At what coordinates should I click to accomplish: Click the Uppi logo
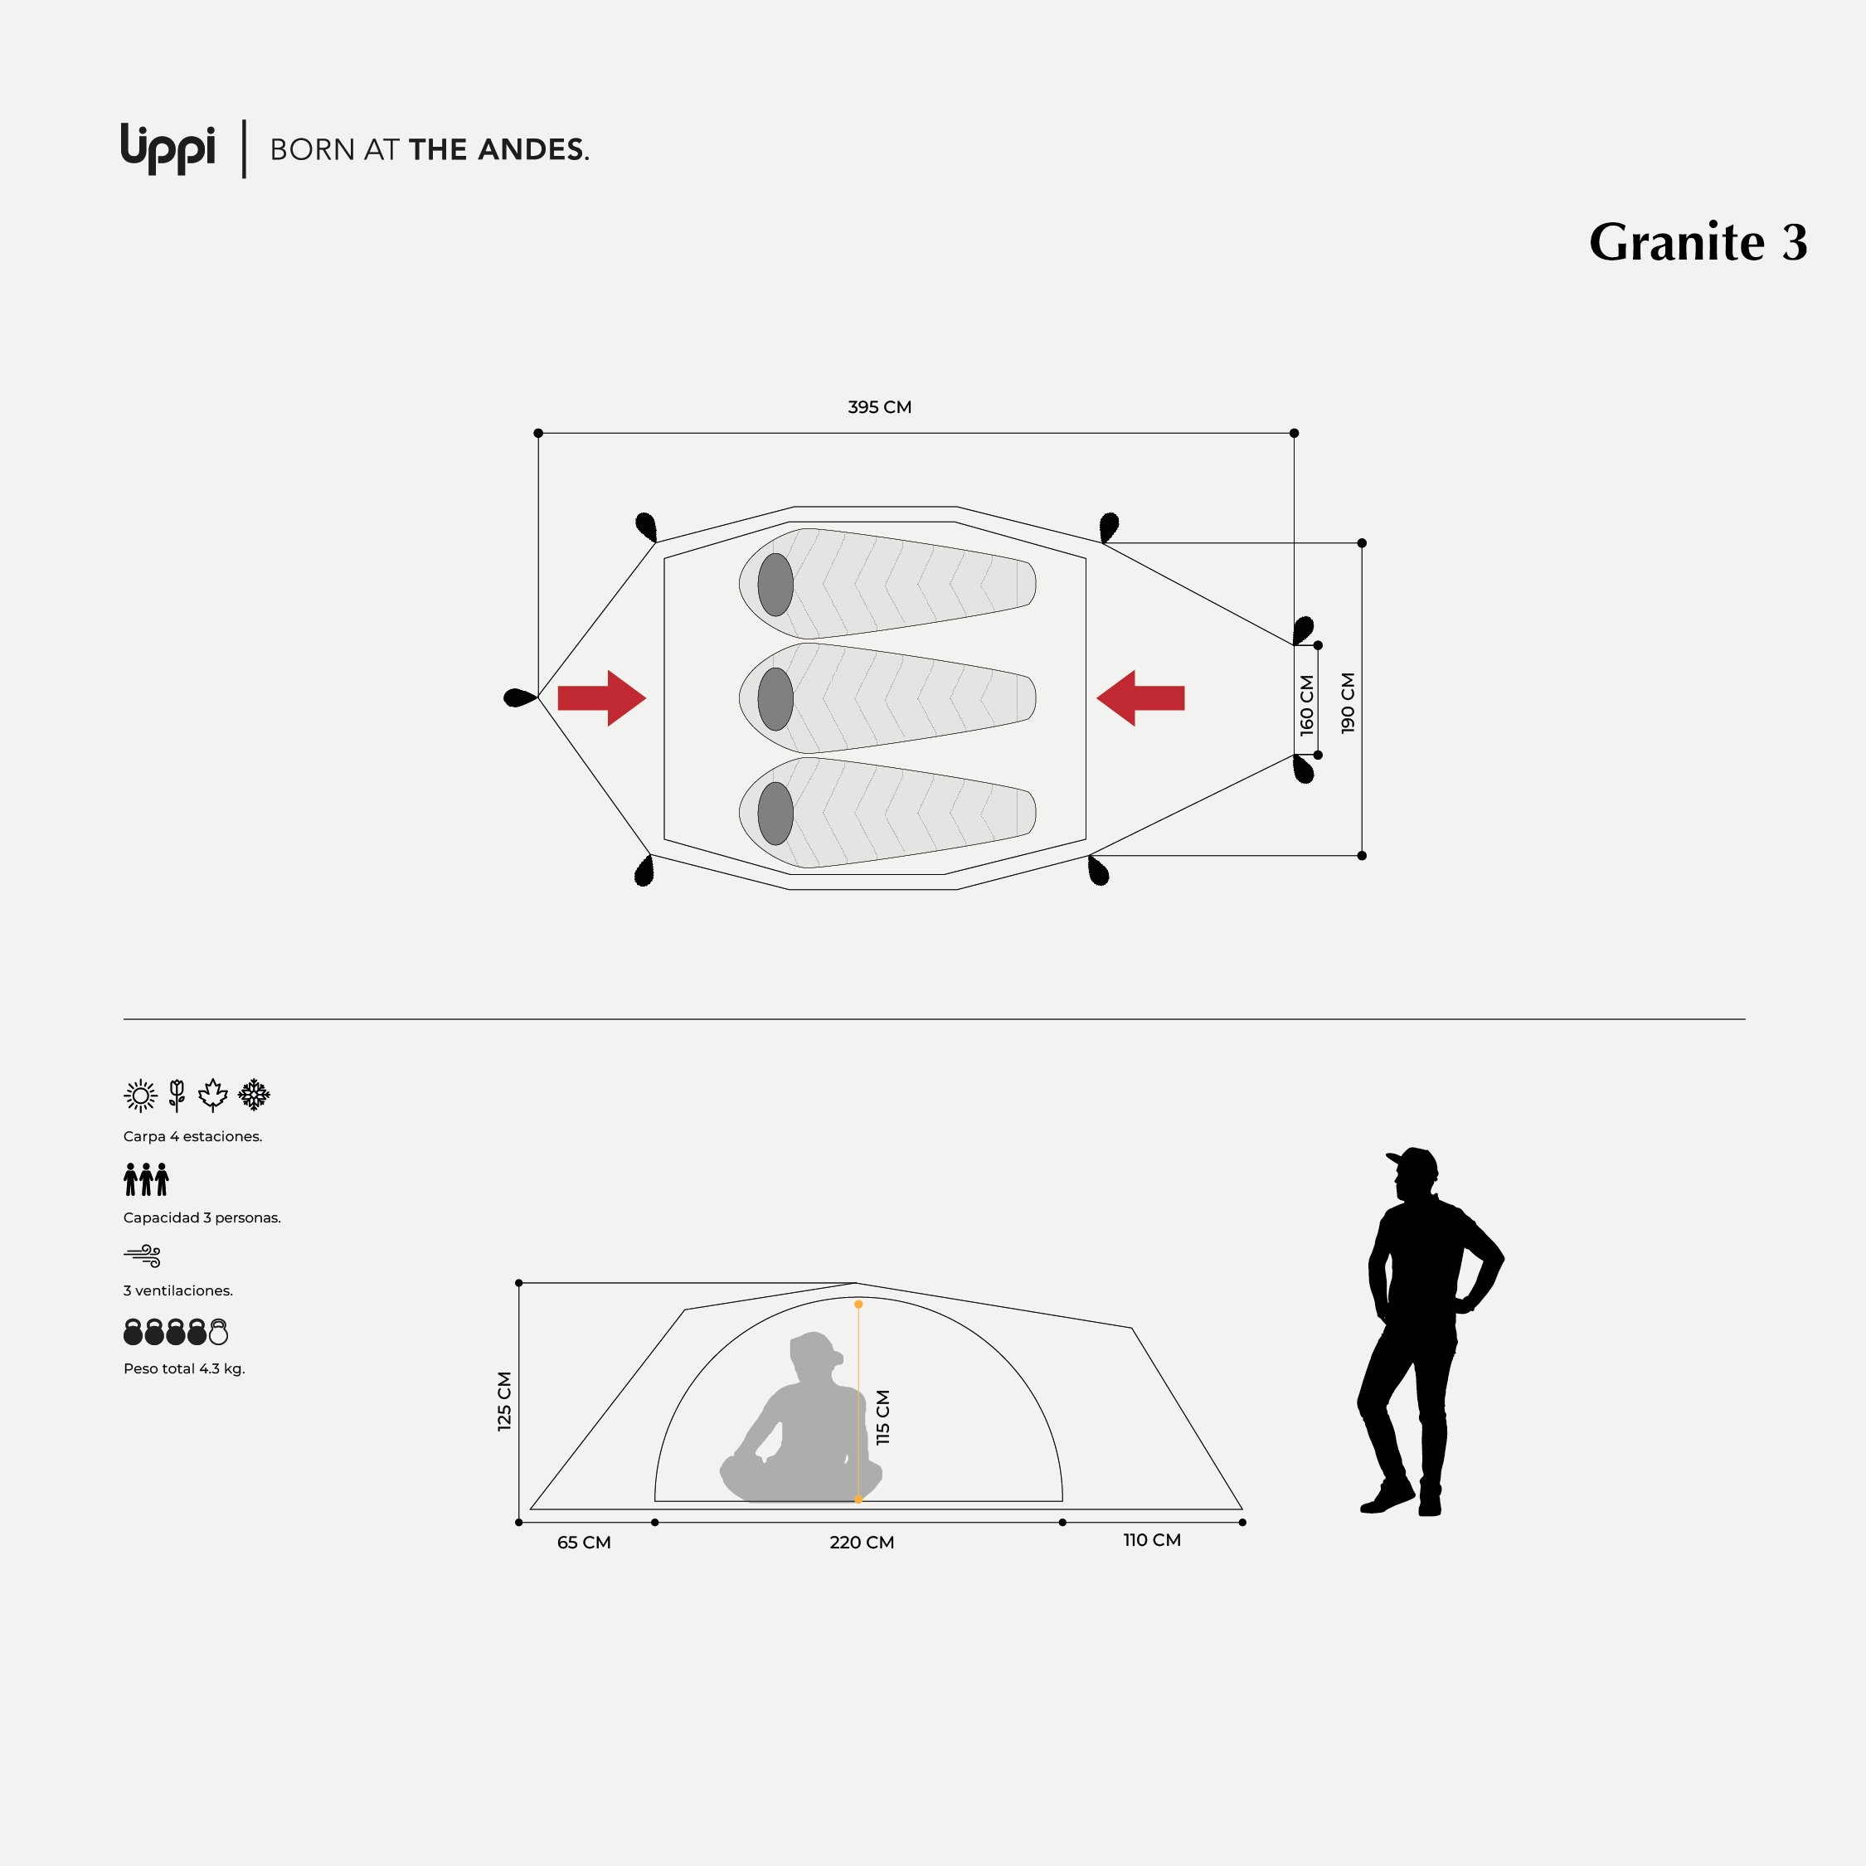tap(168, 148)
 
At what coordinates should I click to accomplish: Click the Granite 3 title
tap(1698, 241)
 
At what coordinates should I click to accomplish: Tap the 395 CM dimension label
tap(879, 407)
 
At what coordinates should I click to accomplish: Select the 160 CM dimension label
tap(1307, 705)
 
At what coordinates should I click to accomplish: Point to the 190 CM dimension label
tap(1348, 703)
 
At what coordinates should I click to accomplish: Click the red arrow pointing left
tap(1140, 697)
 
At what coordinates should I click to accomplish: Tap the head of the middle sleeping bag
tap(775, 699)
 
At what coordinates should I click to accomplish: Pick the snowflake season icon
tap(254, 1094)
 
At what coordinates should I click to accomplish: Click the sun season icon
tap(141, 1096)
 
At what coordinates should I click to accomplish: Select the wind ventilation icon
tap(143, 1256)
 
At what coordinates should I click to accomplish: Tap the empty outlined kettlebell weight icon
tap(219, 1332)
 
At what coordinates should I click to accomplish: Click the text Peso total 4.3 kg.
tap(184, 1368)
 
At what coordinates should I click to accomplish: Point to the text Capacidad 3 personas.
tap(202, 1218)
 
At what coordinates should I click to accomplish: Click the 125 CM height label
tap(504, 1401)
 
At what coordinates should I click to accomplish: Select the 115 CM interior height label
tap(882, 1417)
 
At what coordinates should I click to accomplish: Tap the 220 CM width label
tap(862, 1543)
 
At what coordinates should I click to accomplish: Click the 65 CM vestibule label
tap(585, 1543)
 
